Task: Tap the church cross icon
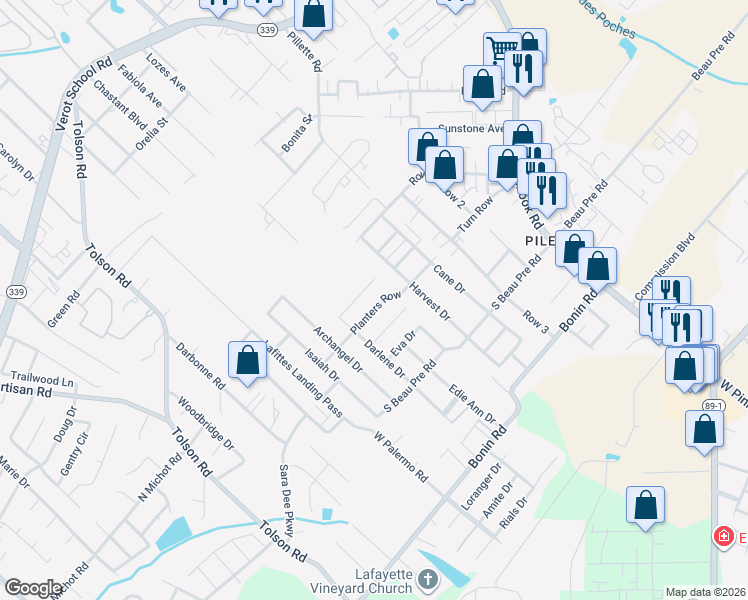[x=427, y=579]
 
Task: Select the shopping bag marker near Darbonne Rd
[x=247, y=361]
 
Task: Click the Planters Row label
[x=375, y=312]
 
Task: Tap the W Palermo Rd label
[x=400, y=457]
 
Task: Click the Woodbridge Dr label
[x=205, y=425]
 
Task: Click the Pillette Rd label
[x=304, y=51]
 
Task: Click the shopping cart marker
[x=501, y=48]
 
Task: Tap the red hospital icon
[x=721, y=537]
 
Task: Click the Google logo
[x=32, y=588]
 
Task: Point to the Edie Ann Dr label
[x=472, y=403]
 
